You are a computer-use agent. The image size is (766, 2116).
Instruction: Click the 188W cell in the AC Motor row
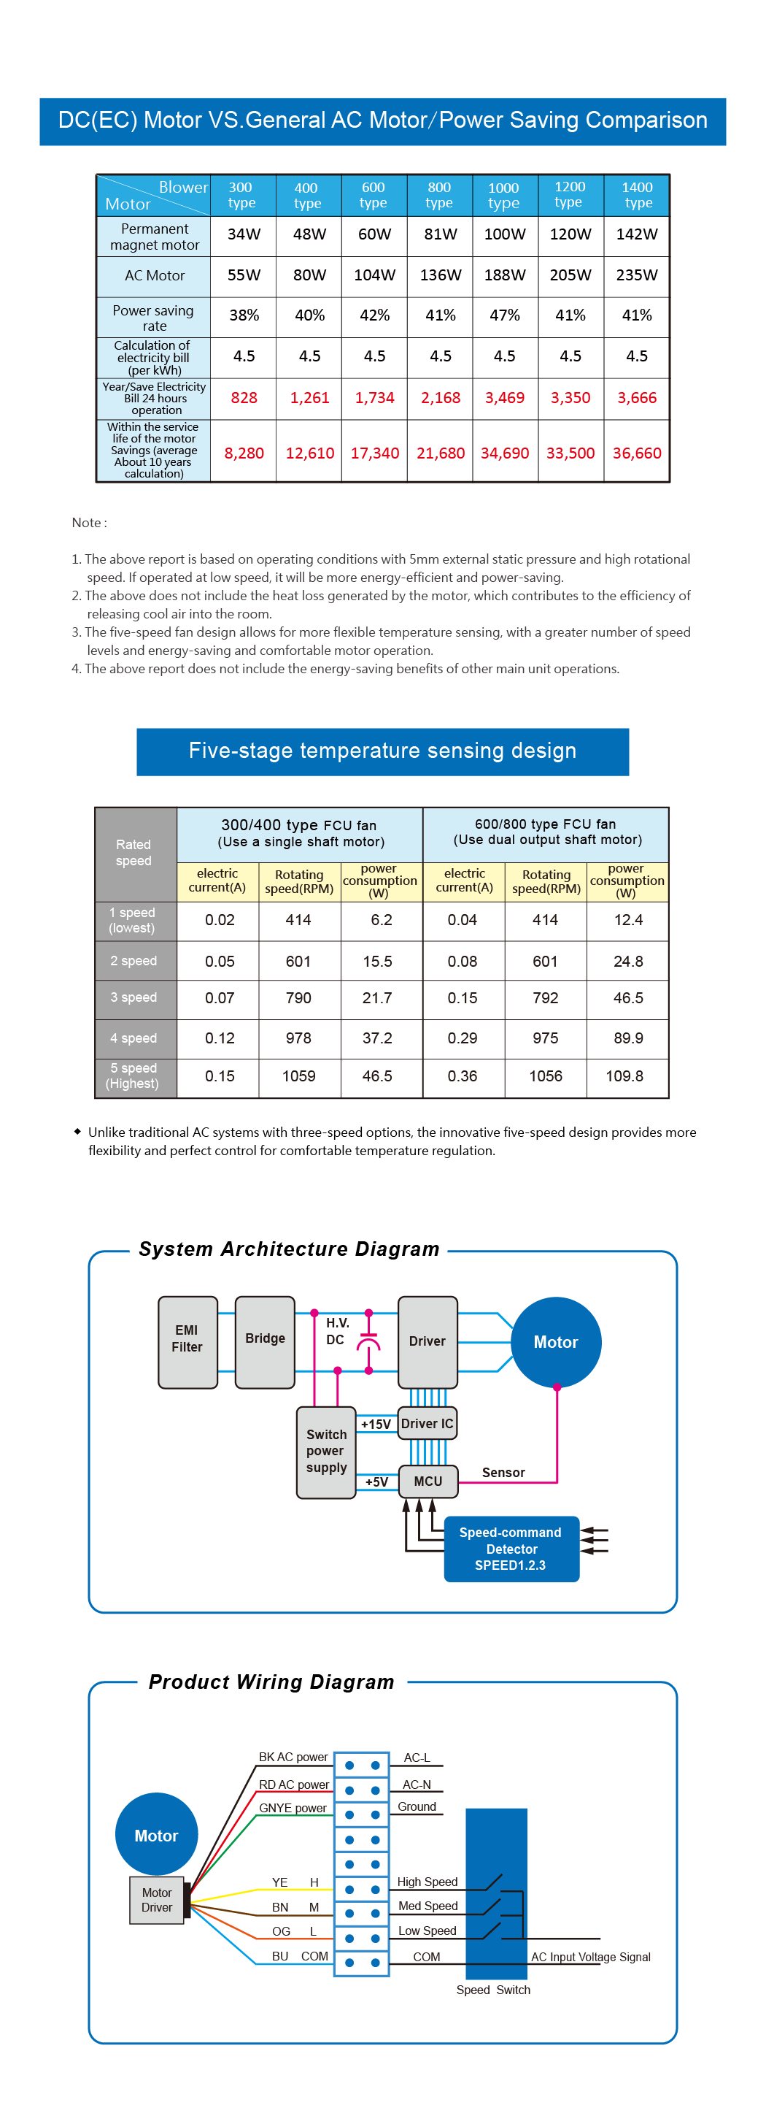pyautogui.click(x=504, y=275)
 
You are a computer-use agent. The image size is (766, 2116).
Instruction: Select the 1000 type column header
pyautogui.click(x=503, y=196)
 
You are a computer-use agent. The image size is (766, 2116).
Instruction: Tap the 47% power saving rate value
pyautogui.click(x=504, y=315)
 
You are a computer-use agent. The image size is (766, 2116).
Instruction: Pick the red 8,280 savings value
pyautogui.click(x=244, y=453)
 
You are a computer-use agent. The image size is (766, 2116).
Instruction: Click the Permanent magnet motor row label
pyautogui.click(x=155, y=237)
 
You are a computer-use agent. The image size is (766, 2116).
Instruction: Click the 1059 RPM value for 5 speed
pyautogui.click(x=299, y=1076)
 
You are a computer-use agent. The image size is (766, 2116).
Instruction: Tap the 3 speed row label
pyautogui.click(x=134, y=998)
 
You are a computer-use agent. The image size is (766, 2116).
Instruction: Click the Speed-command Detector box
pyautogui.click(x=511, y=1549)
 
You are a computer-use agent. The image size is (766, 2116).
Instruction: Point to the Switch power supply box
pyautogui.click(x=326, y=1452)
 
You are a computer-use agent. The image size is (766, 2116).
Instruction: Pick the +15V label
pyautogui.click(x=376, y=1425)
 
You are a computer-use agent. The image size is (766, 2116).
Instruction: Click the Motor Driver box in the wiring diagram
pyautogui.click(x=157, y=1900)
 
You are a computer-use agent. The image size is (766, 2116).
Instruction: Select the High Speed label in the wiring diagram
pyautogui.click(x=427, y=1882)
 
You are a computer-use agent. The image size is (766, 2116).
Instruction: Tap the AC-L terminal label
pyautogui.click(x=417, y=1758)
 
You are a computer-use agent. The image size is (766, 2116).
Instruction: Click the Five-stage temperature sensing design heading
pyautogui.click(x=382, y=751)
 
